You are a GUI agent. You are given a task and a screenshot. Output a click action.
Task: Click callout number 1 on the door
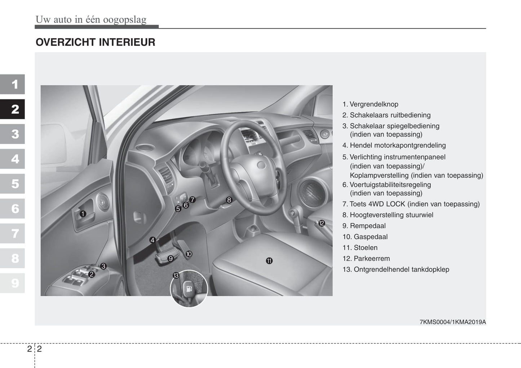83,214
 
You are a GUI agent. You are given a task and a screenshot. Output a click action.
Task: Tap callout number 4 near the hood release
152,240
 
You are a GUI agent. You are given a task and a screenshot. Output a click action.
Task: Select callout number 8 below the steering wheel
229,200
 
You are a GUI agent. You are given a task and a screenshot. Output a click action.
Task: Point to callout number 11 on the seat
269,261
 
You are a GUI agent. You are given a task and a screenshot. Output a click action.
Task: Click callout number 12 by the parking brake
321,223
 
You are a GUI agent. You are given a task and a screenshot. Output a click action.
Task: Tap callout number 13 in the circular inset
176,276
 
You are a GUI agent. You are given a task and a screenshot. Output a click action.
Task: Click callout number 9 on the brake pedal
171,258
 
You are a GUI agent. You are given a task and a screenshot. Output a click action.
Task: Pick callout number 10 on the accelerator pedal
189,254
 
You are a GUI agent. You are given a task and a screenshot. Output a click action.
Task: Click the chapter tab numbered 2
13,109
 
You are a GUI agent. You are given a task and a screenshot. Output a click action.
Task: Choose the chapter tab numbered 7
13,233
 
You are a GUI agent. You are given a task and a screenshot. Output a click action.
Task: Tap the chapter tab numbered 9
13,283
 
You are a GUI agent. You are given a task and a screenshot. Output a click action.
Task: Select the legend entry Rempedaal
367,226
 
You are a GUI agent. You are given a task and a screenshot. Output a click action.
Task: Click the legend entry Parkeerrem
371,259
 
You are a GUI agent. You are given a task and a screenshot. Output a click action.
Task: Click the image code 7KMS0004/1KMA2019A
452,322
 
